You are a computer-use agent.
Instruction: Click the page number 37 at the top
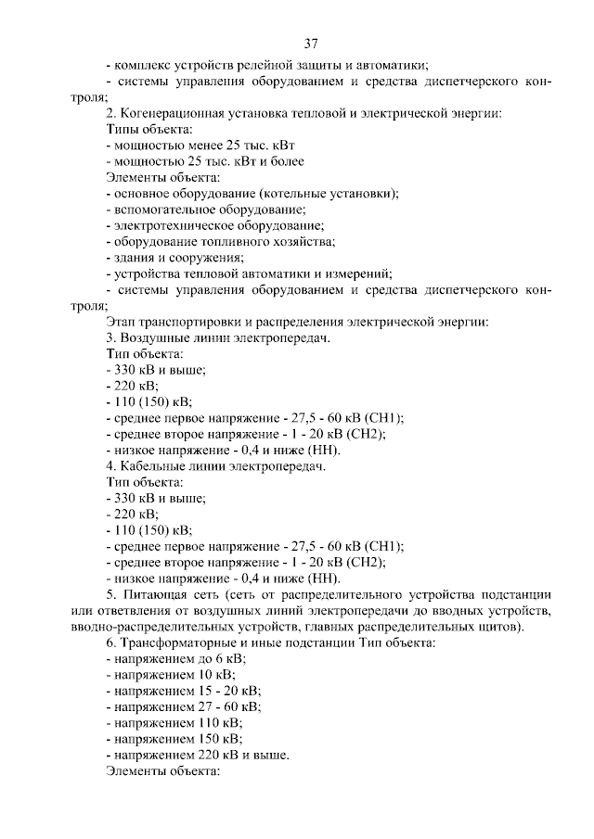click(x=311, y=43)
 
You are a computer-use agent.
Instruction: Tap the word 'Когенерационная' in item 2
click(x=175, y=113)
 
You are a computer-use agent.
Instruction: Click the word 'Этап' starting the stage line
click(x=122, y=322)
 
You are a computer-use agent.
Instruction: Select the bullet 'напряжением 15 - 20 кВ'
click(x=184, y=691)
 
